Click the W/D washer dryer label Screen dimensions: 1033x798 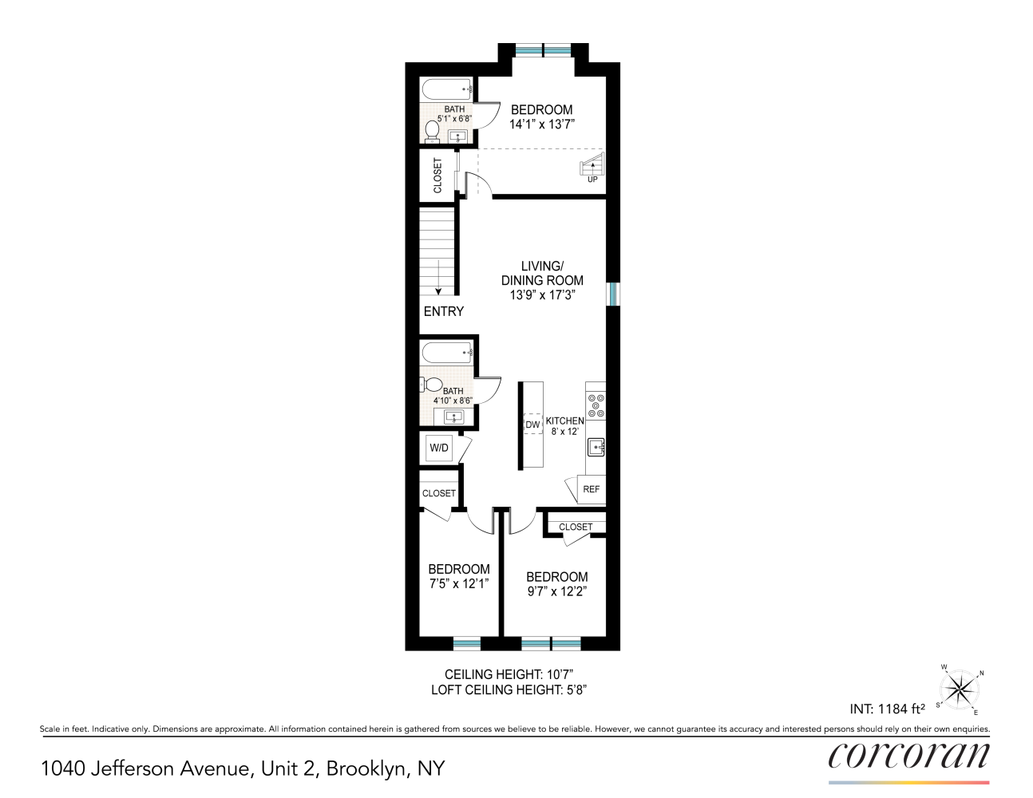[439, 448]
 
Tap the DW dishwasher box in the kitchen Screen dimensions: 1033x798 [533, 424]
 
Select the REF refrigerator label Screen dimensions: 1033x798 [592, 488]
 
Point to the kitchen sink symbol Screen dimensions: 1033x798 [596, 448]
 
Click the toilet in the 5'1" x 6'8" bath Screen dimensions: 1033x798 [432, 131]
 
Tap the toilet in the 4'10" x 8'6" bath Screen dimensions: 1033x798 [431, 385]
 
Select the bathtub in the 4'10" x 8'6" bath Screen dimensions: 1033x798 [446, 352]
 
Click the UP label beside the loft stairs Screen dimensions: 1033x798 [592, 180]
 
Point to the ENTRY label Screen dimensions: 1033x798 [444, 311]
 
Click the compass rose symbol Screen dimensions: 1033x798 [960, 689]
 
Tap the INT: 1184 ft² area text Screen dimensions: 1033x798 [887, 709]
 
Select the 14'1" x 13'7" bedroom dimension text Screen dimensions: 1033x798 [542, 124]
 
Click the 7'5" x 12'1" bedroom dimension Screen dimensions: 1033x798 [459, 584]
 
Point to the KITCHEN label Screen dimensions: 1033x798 [564, 421]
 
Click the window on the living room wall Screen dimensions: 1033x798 [613, 294]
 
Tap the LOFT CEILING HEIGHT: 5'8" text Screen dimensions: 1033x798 [509, 689]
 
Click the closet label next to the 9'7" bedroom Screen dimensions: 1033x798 [576, 527]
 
